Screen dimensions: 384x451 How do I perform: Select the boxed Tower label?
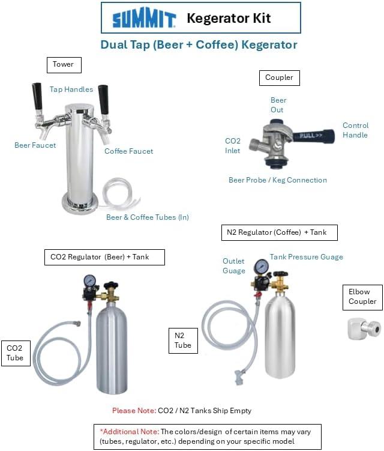click(64, 65)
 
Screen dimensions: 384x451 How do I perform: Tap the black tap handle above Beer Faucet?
click(37, 96)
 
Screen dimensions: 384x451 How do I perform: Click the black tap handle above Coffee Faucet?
click(103, 99)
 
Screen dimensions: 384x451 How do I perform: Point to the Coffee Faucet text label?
click(128, 151)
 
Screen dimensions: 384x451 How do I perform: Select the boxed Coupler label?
click(280, 78)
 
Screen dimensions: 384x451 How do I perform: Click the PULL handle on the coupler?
click(313, 136)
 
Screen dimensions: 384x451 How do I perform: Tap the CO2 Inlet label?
click(233, 145)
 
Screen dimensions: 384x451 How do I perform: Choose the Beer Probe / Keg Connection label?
click(278, 180)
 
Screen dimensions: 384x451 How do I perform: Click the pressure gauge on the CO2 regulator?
click(90, 280)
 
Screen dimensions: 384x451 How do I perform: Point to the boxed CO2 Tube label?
click(16, 353)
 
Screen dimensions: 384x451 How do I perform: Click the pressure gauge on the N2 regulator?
click(261, 266)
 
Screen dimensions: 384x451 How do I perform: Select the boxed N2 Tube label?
click(183, 341)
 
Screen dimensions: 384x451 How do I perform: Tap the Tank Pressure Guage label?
click(307, 257)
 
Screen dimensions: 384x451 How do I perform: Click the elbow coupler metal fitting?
click(364, 328)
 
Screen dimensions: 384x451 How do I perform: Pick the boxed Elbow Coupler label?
click(363, 297)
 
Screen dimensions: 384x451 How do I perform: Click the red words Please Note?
click(134, 410)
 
